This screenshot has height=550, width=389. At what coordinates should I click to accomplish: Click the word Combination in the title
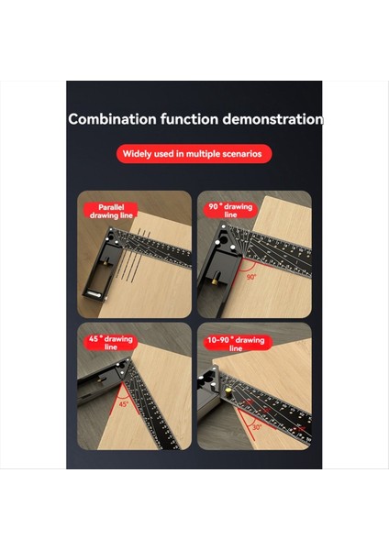107,119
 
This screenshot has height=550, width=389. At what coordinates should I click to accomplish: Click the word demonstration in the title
271,119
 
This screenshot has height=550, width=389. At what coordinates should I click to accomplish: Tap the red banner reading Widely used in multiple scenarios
194,154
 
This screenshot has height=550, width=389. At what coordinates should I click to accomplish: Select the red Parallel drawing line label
112,212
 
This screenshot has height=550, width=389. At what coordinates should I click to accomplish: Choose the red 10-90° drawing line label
236,344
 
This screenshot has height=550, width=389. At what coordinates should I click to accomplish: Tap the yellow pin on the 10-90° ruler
201,377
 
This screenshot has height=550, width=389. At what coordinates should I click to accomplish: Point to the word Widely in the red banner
140,154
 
